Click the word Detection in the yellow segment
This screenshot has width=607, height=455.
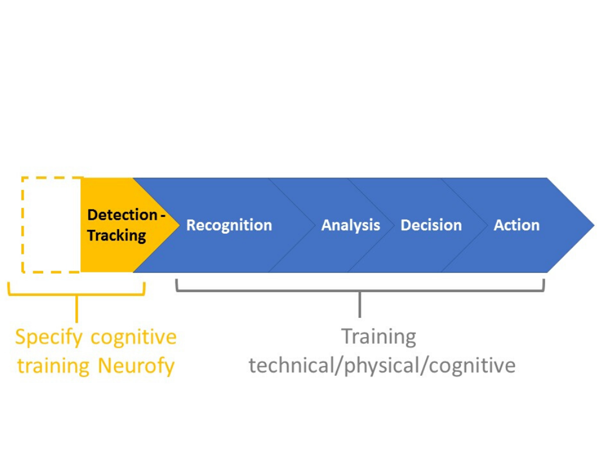tap(123, 215)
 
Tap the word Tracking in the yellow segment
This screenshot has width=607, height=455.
tap(116, 235)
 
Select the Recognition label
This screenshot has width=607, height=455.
tap(229, 226)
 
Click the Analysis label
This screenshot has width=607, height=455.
tap(351, 226)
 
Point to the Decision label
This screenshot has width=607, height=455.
tap(431, 225)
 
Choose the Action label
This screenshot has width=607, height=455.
tap(517, 225)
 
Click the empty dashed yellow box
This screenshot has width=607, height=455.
tap(22, 225)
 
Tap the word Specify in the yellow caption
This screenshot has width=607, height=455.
tap(49, 338)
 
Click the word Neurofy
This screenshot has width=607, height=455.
tap(136, 366)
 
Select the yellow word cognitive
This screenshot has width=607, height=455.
tap(134, 337)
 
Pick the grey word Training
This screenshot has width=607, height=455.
tap(379, 336)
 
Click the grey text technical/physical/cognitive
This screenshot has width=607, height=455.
tap(382, 366)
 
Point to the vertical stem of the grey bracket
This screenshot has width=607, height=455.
tap(360, 304)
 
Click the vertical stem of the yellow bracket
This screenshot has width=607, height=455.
tap(76, 309)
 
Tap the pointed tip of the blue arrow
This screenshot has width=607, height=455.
tap(594, 225)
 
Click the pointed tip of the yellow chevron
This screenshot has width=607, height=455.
tap(179, 225)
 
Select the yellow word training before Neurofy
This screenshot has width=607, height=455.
tap(53, 366)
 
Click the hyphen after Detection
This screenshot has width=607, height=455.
tap(163, 216)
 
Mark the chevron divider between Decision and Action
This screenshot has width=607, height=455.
tap(465, 225)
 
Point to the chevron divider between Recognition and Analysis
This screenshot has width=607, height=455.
tap(292, 225)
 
